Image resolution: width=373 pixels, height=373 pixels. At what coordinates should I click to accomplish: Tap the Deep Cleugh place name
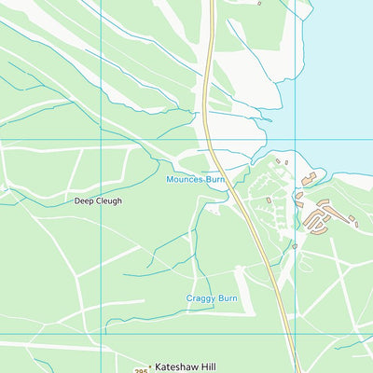(x=98, y=200)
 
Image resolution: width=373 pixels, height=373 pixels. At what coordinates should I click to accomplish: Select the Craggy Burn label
(x=212, y=298)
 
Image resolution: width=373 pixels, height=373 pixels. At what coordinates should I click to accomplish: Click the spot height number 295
(x=140, y=371)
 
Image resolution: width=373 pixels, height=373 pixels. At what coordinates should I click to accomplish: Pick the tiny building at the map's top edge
(x=259, y=3)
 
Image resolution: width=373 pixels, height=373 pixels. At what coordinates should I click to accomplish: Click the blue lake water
(x=336, y=75)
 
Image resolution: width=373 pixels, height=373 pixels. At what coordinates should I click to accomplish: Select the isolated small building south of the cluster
(x=294, y=246)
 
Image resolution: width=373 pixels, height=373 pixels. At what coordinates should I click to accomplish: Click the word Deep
(x=83, y=200)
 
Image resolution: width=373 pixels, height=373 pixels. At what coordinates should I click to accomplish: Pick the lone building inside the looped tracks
(x=269, y=200)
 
